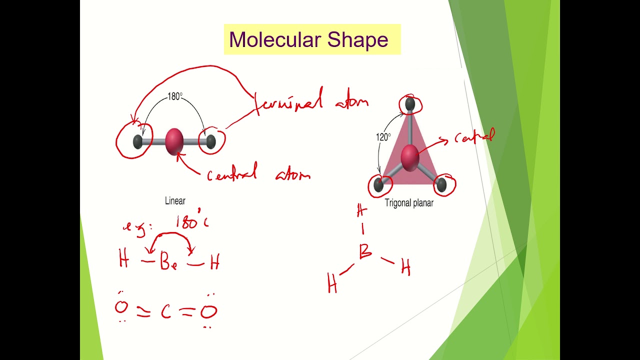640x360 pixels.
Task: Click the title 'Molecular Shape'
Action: (x=308, y=40)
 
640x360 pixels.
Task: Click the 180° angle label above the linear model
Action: (x=175, y=96)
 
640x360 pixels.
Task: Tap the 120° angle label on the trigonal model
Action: (x=383, y=136)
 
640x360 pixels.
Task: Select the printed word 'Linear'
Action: (x=175, y=201)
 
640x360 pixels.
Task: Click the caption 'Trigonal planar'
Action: (x=409, y=203)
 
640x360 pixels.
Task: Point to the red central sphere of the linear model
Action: (x=174, y=141)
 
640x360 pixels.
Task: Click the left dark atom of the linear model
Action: (x=138, y=142)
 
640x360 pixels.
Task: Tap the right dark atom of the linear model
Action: (x=210, y=141)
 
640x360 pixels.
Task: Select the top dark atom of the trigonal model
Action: (x=410, y=103)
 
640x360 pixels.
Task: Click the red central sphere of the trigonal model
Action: (x=409, y=156)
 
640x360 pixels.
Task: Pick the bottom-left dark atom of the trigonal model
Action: (x=378, y=185)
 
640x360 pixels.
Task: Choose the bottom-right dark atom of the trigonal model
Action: (x=441, y=185)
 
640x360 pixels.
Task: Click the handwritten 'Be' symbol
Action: (x=168, y=262)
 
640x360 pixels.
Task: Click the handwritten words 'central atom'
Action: (x=258, y=174)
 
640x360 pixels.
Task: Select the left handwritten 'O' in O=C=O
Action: (x=121, y=307)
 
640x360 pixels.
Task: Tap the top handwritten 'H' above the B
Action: (x=362, y=211)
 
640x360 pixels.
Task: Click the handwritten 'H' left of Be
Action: (x=124, y=260)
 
